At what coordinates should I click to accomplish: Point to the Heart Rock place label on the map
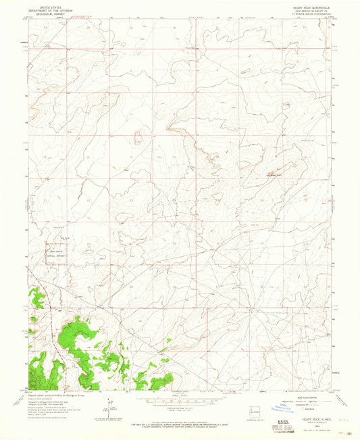point(271,176)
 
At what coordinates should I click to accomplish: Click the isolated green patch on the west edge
point(36,296)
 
